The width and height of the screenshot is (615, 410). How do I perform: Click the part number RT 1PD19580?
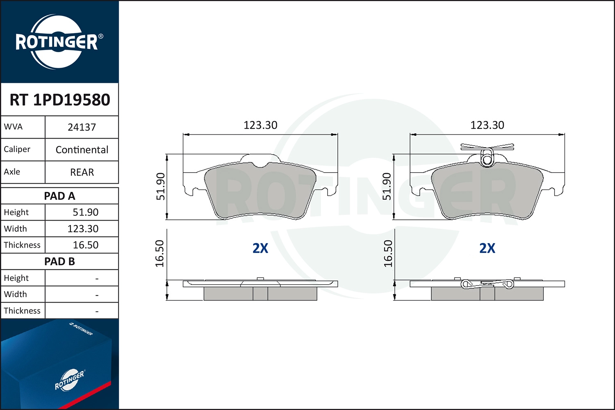tap(60, 100)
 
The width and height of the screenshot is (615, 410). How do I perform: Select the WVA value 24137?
tap(82, 128)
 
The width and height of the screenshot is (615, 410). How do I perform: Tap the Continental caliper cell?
tap(82, 150)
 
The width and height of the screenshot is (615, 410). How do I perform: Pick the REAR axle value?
tap(82, 172)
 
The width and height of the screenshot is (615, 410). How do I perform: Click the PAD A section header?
tap(59, 196)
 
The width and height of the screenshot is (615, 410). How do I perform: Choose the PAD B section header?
tap(59, 262)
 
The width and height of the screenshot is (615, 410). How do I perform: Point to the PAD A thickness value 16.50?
tap(85, 245)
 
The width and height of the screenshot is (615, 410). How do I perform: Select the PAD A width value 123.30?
tap(83, 229)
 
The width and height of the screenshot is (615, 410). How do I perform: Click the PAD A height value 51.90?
tap(85, 212)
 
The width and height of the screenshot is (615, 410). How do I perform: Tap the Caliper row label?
tap(17, 149)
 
